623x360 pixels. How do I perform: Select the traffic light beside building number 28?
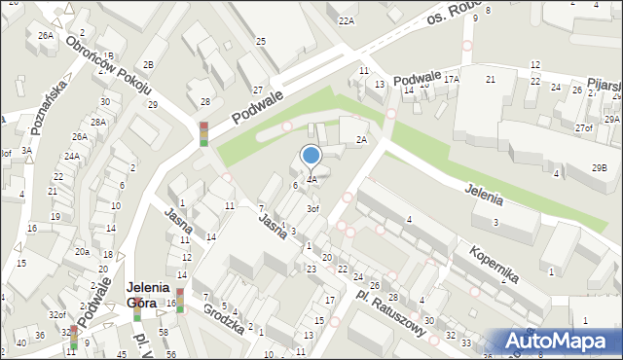(x=203, y=133)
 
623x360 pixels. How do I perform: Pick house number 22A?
(x=346, y=20)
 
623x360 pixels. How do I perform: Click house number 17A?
(x=451, y=80)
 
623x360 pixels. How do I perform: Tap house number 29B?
(x=599, y=167)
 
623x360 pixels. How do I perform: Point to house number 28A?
(x=98, y=122)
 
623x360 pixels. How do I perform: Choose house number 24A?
(x=72, y=156)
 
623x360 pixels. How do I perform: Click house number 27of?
(x=583, y=127)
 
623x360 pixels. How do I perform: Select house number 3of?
(x=312, y=209)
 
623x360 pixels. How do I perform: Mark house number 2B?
(x=148, y=65)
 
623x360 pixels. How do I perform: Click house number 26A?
(x=45, y=35)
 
